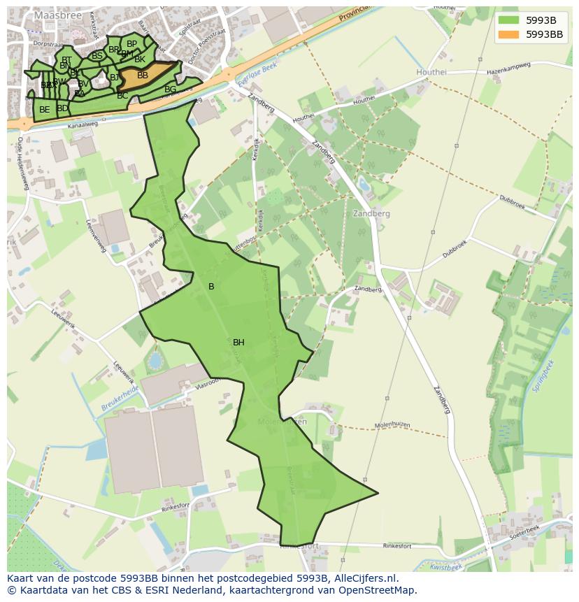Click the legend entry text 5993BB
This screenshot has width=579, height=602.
[544, 34]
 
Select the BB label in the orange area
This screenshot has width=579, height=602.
[143, 76]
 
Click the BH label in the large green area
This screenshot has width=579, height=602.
[238, 343]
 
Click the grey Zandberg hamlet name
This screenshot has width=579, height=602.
[371, 214]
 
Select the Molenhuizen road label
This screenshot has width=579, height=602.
[392, 424]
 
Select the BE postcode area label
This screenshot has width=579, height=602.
[45, 110]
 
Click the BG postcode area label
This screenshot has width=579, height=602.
[171, 89]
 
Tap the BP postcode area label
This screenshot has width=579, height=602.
[131, 44]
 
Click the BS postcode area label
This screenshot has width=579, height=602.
[97, 56]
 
